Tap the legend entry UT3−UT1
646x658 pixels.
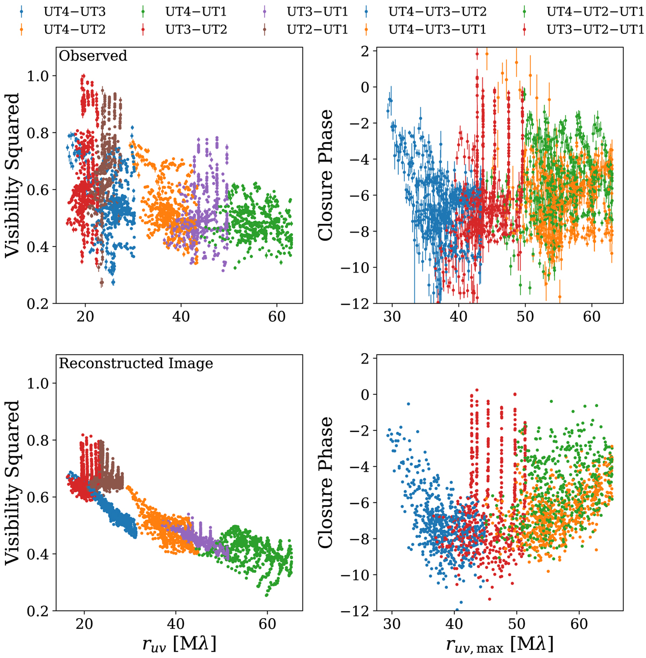(318, 10)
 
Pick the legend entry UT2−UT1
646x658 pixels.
(318, 29)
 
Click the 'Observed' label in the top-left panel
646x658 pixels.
(93, 55)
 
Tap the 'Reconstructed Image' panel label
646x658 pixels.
(136, 363)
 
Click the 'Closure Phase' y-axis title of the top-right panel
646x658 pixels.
(329, 176)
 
